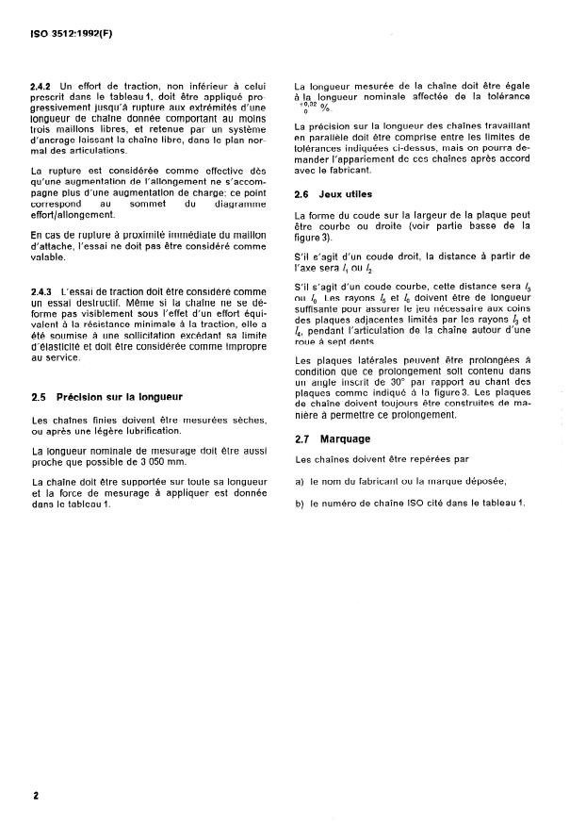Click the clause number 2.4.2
(44, 86)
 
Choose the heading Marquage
(347, 439)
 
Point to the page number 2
(36, 796)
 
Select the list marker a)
(300, 481)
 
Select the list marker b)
(300, 502)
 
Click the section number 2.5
(41, 396)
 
